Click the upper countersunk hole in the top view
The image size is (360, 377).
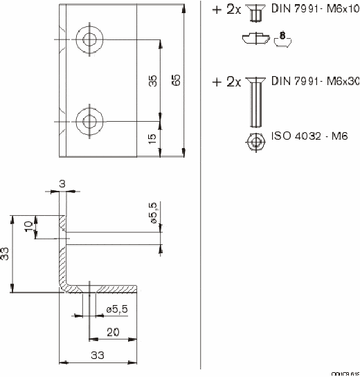(89, 39)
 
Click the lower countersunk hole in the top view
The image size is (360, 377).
(89, 122)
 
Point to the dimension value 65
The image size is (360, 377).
(176, 80)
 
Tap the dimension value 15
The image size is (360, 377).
(153, 140)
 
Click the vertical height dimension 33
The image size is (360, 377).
(6, 253)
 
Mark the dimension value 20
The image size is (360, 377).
(113, 332)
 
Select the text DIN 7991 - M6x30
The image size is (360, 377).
(315, 81)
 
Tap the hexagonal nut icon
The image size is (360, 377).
(255, 142)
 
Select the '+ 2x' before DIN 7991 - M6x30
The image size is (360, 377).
(226, 82)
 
